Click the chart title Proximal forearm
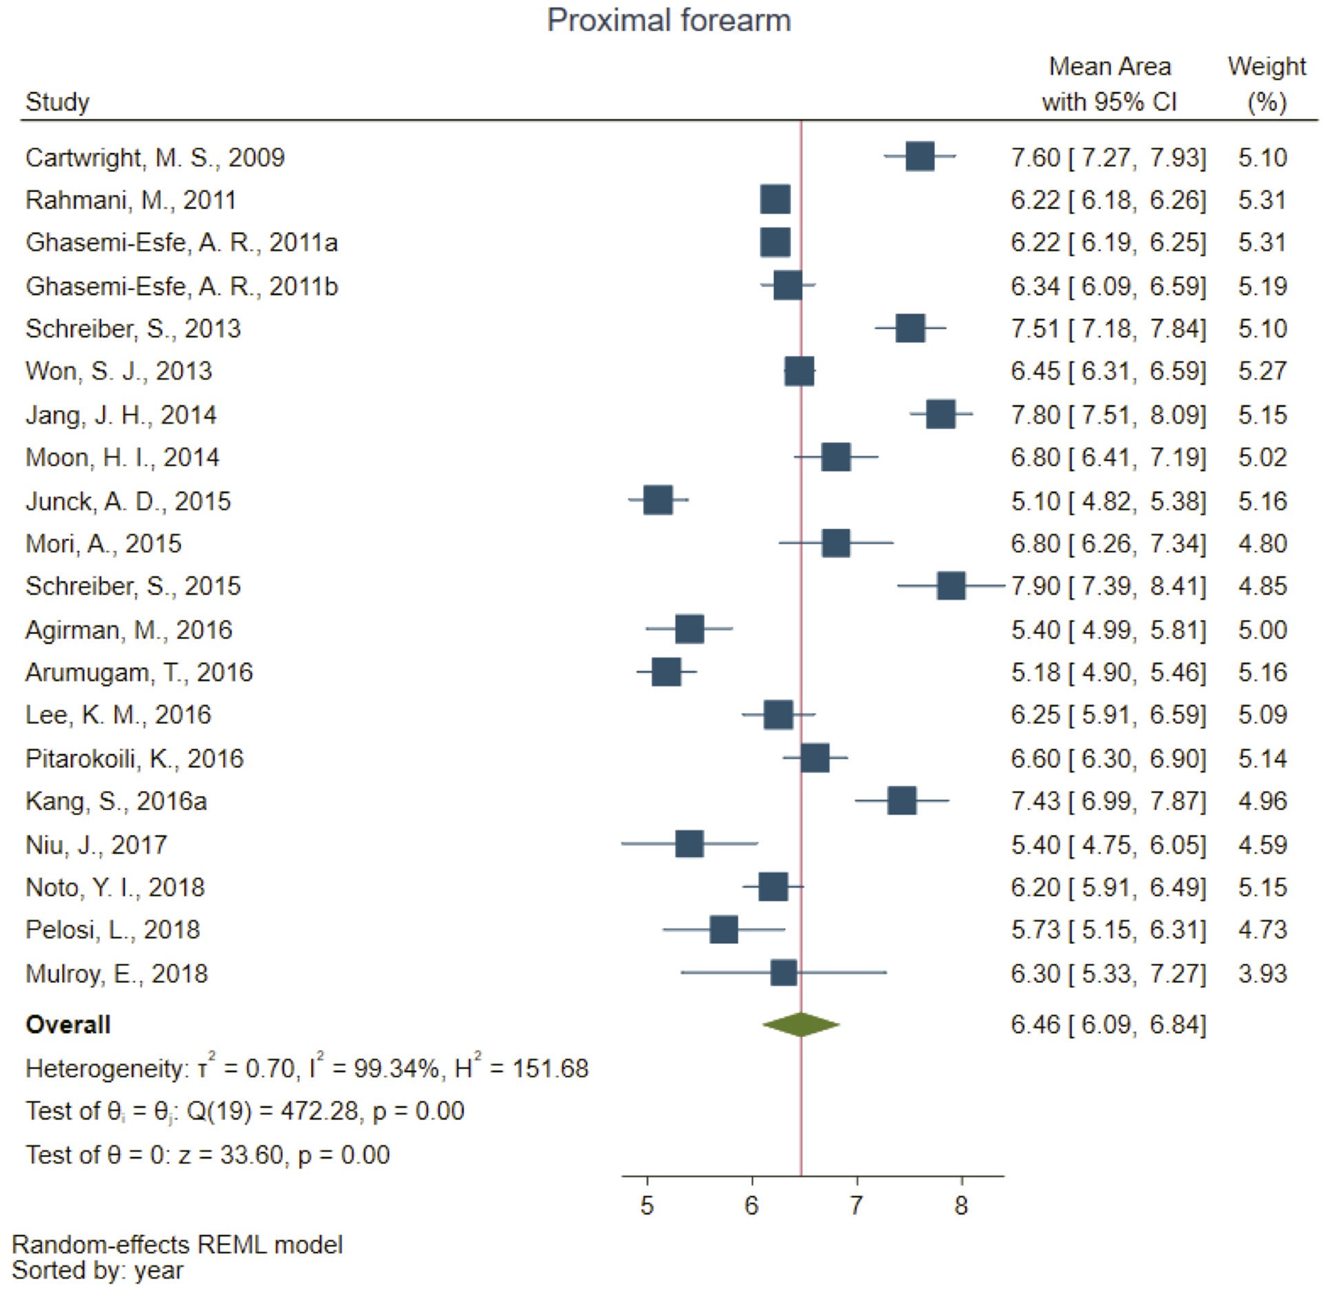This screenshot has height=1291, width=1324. tap(669, 21)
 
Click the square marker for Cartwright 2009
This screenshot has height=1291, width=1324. tap(919, 157)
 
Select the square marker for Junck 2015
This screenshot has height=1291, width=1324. tap(658, 500)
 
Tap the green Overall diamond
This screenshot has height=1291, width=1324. tap(800, 1024)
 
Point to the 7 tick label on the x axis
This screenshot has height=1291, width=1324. tap(856, 1206)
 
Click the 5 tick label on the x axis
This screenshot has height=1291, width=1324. tap(647, 1206)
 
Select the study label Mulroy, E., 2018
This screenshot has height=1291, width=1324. tap(116, 973)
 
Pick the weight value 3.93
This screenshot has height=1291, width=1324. tap(1262, 973)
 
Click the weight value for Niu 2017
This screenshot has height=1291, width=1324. tap(1262, 844)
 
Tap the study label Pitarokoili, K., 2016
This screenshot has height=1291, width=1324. tap(134, 758)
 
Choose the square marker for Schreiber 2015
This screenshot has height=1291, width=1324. tap(950, 586)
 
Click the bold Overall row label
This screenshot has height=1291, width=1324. tap(68, 1025)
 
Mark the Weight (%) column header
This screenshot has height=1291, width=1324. tap(1266, 84)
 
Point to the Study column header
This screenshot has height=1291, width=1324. tap(57, 102)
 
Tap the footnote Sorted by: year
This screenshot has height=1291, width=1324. tap(97, 1270)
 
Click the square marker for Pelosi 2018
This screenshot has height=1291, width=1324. tap(723, 930)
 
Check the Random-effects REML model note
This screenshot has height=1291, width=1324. tap(177, 1245)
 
